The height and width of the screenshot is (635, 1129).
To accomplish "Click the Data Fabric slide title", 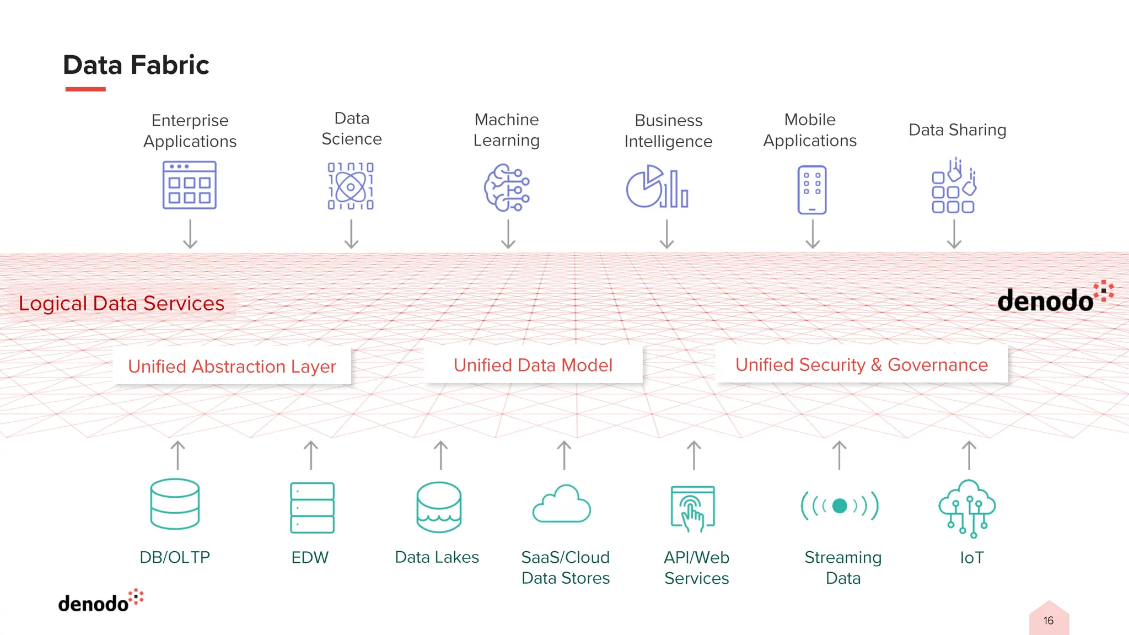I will pos(136,65).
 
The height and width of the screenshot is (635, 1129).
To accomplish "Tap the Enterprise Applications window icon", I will pos(190,185).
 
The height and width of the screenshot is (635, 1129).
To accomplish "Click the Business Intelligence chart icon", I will pos(657,187).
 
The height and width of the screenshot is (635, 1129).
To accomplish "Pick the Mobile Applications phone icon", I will pos(811,190).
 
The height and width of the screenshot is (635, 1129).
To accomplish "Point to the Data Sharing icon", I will pos(954,186).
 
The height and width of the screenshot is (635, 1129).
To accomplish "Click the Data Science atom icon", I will pos(351,186).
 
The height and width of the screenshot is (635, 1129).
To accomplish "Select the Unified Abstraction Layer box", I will pos(232,366).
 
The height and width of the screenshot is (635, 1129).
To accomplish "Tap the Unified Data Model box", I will pos(533,365).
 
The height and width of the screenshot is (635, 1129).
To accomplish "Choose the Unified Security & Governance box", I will pos(861,364).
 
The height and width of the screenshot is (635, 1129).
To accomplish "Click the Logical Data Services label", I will pos(122,303).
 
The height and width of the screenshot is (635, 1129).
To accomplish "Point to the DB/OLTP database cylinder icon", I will pos(175,504).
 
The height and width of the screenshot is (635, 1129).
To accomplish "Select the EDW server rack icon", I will pos(312,507).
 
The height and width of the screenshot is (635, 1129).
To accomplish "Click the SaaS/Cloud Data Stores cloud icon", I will pos(562,504).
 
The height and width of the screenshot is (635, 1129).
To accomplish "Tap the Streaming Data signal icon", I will pos(840,505).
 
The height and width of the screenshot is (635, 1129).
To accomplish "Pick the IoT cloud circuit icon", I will pos(967,508).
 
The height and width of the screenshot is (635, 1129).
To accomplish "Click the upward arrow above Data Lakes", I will pos(440,455).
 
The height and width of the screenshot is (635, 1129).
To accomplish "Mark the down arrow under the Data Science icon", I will pos(351,234).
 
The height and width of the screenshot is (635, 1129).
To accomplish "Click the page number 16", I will pos(1049,621).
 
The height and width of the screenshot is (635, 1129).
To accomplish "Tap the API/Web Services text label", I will pos(696,568).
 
